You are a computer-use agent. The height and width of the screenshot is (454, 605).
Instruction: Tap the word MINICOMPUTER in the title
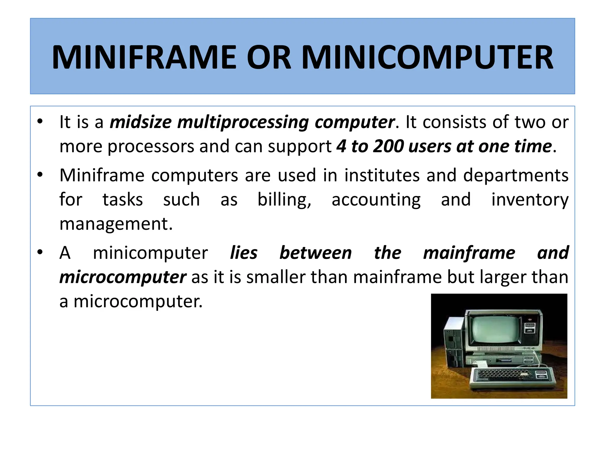(427, 57)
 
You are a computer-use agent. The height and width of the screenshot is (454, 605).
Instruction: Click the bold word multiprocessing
(243, 122)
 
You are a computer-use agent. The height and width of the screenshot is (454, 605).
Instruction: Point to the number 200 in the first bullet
(388, 146)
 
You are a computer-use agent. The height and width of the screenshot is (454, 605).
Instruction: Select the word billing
(284, 200)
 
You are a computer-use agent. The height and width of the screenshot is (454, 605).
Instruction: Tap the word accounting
(376, 200)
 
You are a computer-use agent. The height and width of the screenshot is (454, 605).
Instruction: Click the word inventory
(530, 200)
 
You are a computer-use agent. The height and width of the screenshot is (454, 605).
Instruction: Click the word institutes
(382, 175)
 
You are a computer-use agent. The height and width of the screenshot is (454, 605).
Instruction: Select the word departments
(515, 176)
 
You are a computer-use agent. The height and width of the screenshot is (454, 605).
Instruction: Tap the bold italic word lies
(244, 253)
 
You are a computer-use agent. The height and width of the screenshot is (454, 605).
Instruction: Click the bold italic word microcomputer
(123, 278)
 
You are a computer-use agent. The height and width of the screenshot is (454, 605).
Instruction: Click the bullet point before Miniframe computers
(40, 174)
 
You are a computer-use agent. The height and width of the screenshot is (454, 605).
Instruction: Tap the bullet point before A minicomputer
(40, 252)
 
